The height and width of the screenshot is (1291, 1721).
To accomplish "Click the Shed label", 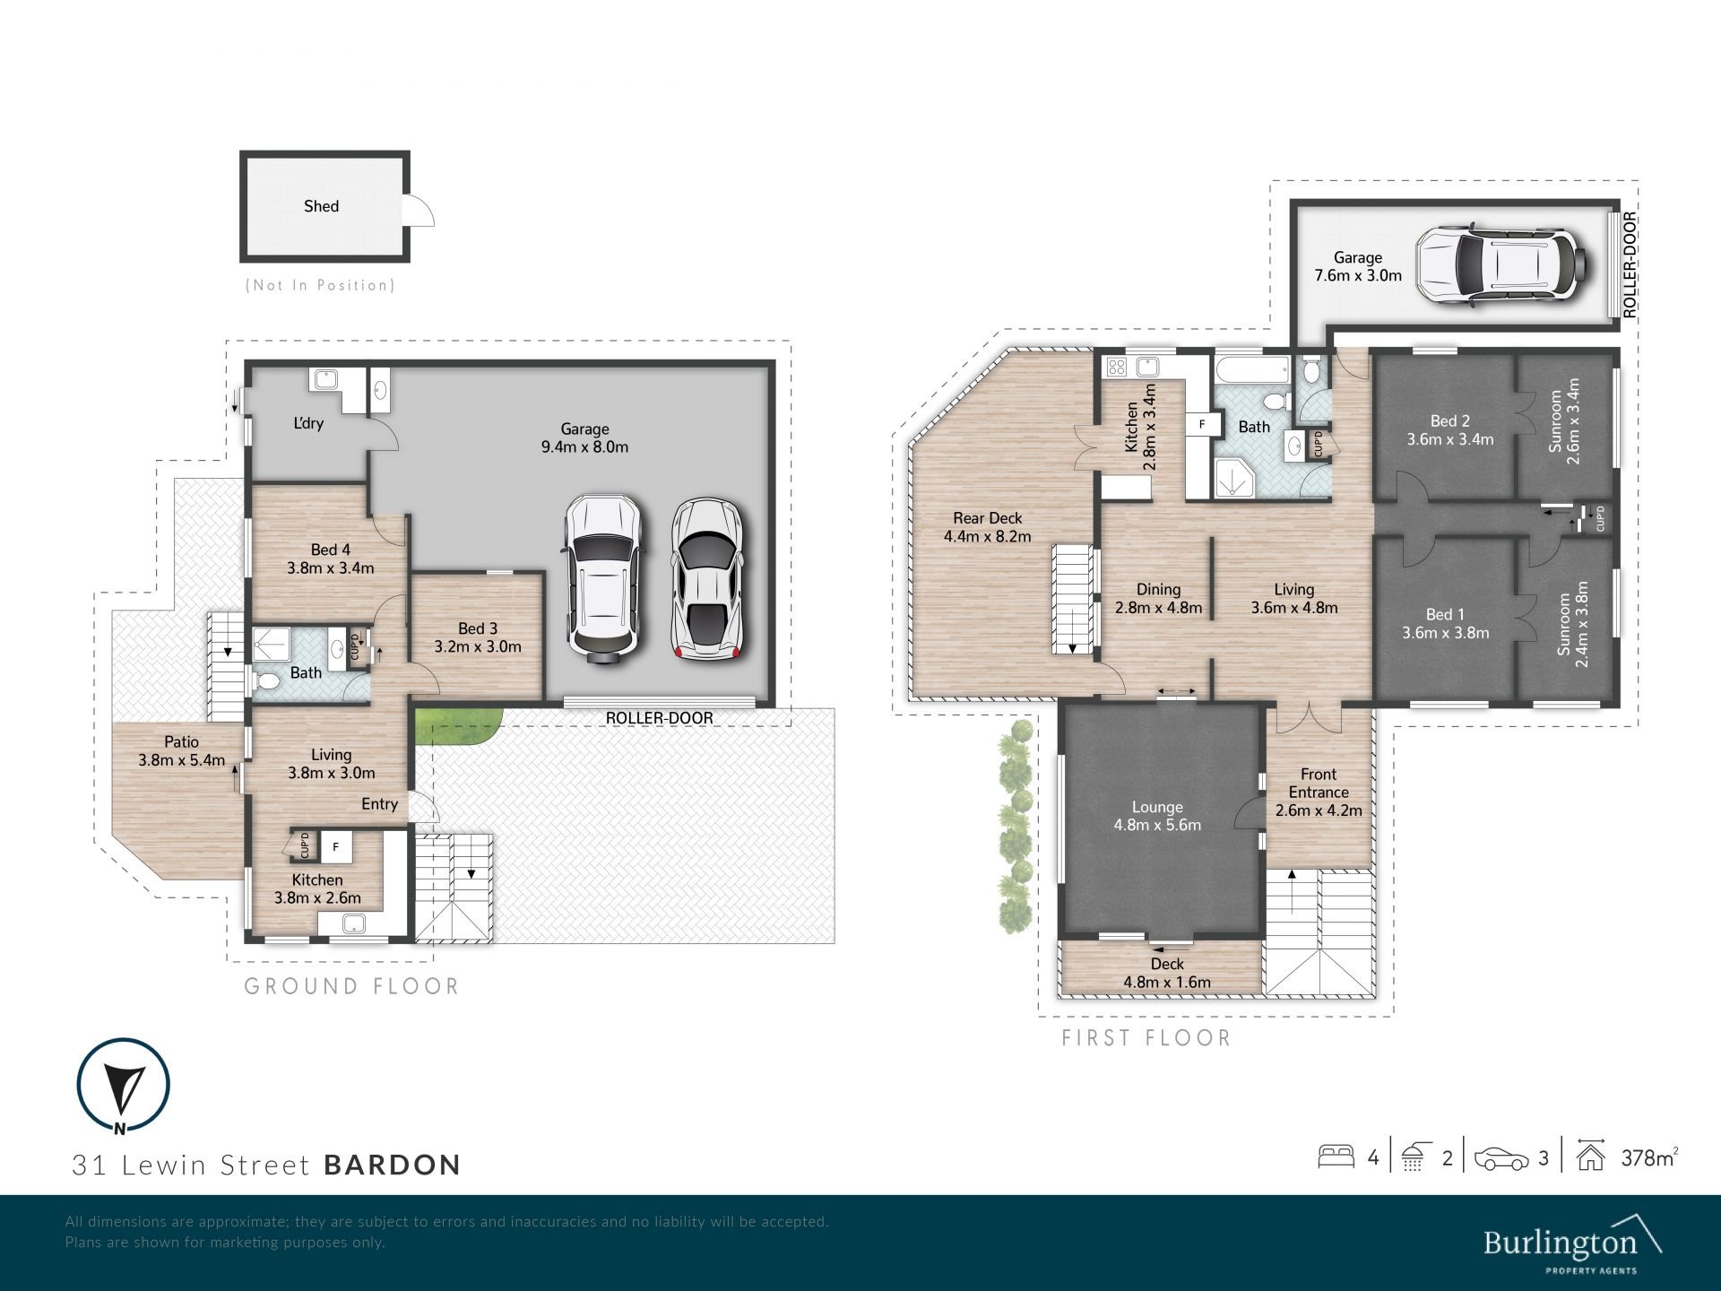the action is tap(321, 206).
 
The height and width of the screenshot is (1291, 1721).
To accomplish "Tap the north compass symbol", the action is tap(124, 1085).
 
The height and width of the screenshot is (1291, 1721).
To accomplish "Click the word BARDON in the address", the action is tap(393, 1165).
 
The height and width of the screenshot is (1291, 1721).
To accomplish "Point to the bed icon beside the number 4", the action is tap(1336, 1157).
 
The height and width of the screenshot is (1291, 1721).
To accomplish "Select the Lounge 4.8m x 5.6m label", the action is tap(1157, 816).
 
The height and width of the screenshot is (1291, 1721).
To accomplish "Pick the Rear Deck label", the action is tap(988, 527).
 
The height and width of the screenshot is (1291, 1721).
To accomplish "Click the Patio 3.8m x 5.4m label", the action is tap(182, 751).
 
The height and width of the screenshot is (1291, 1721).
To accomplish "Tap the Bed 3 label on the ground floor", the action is tap(478, 637).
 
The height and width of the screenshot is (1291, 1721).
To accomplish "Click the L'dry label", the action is tap(308, 423).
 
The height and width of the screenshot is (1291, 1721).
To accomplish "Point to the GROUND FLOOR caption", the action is tap(352, 987).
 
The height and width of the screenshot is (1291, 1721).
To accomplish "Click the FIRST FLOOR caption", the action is tap(1146, 1038).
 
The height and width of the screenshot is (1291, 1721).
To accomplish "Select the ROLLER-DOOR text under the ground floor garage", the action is tap(660, 718).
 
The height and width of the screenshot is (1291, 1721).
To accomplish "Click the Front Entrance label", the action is tap(1319, 793).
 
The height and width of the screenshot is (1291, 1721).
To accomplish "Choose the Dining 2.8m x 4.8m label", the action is tap(1158, 598).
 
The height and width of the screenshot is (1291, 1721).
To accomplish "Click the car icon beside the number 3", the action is tap(1501, 1158).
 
